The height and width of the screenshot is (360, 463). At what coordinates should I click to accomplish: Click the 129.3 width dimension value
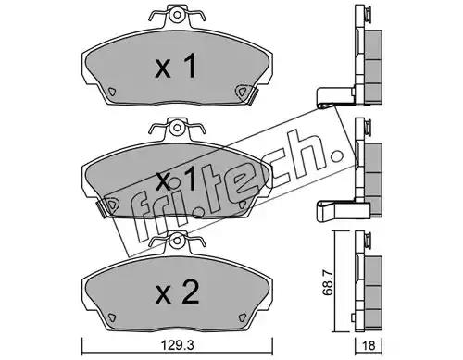[177, 345]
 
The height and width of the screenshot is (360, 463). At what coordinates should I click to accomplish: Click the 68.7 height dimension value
[328, 282]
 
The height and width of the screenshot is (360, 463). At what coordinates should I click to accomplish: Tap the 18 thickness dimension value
[369, 346]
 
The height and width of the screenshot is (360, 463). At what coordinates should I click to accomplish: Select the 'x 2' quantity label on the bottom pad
[177, 293]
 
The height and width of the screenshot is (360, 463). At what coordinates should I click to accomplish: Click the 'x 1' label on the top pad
[175, 66]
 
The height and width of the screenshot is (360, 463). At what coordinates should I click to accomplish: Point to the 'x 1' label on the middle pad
[175, 179]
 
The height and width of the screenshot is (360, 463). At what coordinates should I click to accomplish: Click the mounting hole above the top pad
[177, 15]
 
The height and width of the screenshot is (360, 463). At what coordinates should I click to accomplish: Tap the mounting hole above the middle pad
[177, 128]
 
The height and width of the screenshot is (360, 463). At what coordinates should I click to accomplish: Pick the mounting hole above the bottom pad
[177, 241]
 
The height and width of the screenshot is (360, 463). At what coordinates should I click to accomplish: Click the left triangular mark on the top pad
[112, 92]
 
